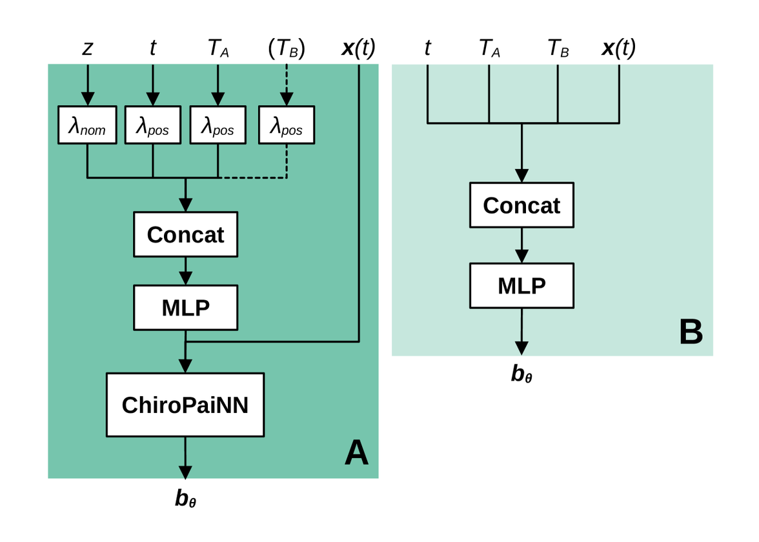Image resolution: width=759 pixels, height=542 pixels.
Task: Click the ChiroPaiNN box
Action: click(x=185, y=405)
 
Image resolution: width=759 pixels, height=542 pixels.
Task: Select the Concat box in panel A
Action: click(x=185, y=234)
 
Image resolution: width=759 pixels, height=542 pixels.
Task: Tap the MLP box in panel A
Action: click(x=185, y=308)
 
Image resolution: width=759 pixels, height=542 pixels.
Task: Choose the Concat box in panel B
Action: click(x=521, y=205)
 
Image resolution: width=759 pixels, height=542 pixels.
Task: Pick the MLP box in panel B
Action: click(x=521, y=285)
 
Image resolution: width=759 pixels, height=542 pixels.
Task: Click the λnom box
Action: click(x=87, y=125)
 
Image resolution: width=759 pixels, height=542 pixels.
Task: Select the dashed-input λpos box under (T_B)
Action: click(x=286, y=125)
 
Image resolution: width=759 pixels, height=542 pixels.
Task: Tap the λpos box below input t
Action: click(x=152, y=125)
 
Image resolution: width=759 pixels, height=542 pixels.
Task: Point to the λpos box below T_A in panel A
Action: click(x=218, y=125)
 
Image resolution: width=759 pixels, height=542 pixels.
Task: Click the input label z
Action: click(x=87, y=48)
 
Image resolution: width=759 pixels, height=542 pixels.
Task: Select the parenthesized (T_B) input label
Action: click(x=286, y=49)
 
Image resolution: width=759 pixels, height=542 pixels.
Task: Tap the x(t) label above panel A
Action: click(x=358, y=48)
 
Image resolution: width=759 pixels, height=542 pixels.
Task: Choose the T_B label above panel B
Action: click(x=558, y=48)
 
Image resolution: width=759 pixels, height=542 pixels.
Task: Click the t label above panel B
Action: click(x=427, y=48)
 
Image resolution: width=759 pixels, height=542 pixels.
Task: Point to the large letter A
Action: click(x=356, y=453)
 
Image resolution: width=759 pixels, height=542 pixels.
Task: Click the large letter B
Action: click(x=691, y=333)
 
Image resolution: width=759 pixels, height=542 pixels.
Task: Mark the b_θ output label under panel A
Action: click(x=185, y=498)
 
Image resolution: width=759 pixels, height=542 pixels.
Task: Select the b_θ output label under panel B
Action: click(x=521, y=374)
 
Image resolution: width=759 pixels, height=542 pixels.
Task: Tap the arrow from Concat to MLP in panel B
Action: click(x=521, y=245)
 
